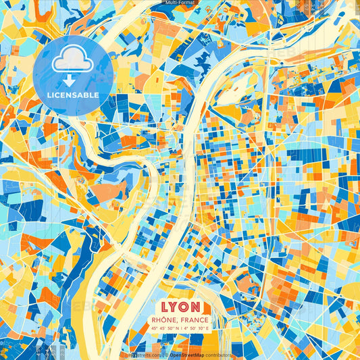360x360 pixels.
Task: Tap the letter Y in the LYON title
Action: tap(174, 305)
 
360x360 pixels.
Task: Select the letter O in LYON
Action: tap(186, 305)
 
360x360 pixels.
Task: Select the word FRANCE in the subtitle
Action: tap(195, 319)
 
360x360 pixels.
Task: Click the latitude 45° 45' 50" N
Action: tap(166, 329)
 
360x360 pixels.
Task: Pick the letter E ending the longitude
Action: tap(207, 329)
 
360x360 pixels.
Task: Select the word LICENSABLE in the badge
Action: tap(74, 95)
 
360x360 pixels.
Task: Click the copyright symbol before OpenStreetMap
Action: tap(166, 355)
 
